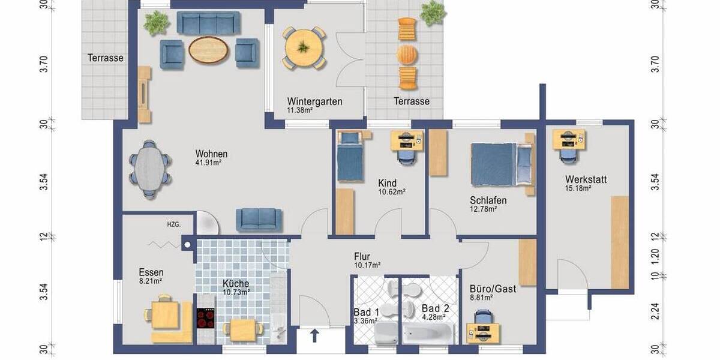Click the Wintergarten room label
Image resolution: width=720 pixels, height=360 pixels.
314,101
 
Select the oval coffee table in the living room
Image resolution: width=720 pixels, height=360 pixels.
209,50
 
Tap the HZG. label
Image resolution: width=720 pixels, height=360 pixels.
173,224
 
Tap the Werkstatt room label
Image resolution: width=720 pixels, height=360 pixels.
586,179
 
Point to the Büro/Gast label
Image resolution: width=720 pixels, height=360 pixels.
493,289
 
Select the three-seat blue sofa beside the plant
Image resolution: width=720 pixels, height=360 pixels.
208,23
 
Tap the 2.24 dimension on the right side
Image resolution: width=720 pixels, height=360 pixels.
655,312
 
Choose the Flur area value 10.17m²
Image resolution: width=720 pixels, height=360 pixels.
367,265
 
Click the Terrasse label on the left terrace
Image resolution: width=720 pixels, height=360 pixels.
105,58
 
